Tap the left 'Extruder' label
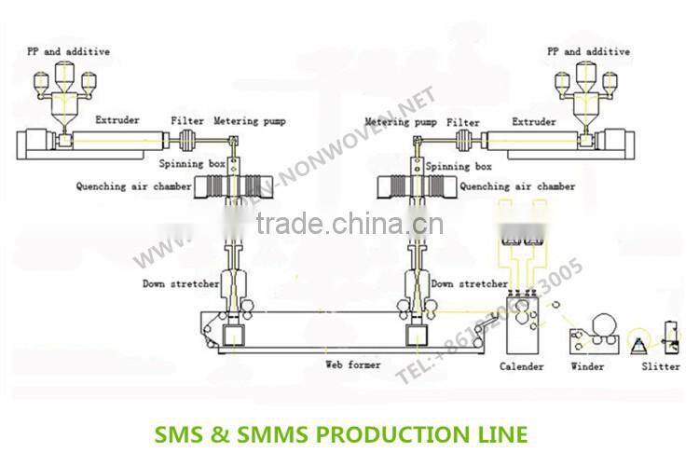[x=117, y=120]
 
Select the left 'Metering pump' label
[x=250, y=120]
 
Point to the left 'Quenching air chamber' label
[x=133, y=186]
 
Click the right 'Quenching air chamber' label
[x=517, y=186]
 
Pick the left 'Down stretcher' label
[x=181, y=283]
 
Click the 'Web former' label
[x=352, y=365]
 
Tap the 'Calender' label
[x=521, y=366]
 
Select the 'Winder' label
[x=587, y=366]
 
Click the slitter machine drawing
[x=666, y=336]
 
